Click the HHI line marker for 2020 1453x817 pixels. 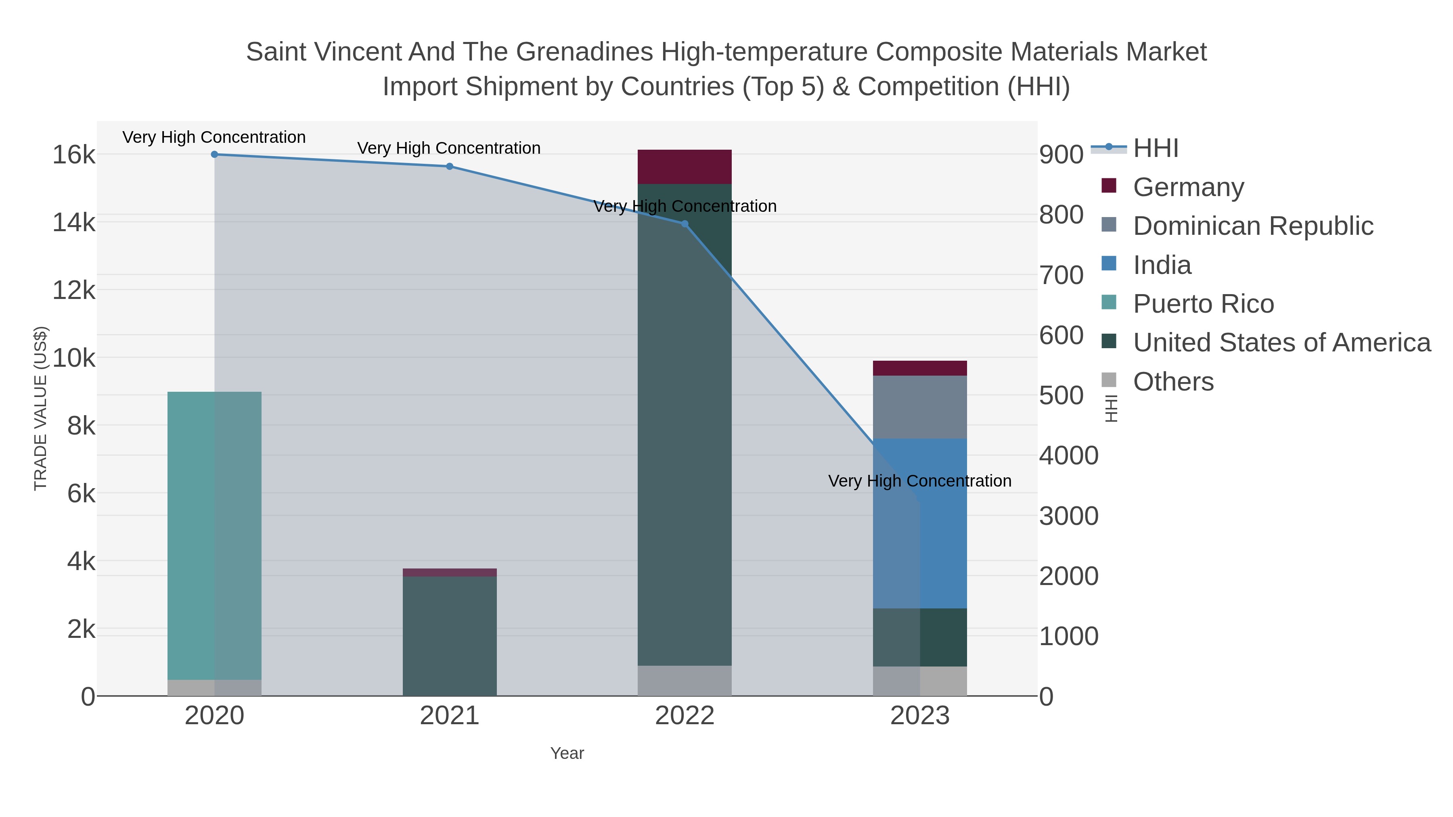point(214,155)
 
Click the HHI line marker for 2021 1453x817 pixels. point(450,166)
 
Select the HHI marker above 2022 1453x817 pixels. point(685,224)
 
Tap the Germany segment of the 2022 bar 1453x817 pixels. point(685,167)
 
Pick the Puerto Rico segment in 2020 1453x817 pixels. point(214,536)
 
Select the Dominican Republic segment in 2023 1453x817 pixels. point(920,407)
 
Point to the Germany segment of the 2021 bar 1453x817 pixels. point(450,572)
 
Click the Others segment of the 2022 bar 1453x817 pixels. point(685,681)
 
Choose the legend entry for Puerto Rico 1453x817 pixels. point(1203,304)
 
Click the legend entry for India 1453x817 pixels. point(1162,265)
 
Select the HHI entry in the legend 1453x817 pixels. point(1155,148)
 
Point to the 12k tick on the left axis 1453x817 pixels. point(74,290)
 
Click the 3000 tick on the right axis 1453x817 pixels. point(1068,516)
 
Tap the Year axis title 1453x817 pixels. point(567,753)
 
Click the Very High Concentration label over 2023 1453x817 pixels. point(919,481)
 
